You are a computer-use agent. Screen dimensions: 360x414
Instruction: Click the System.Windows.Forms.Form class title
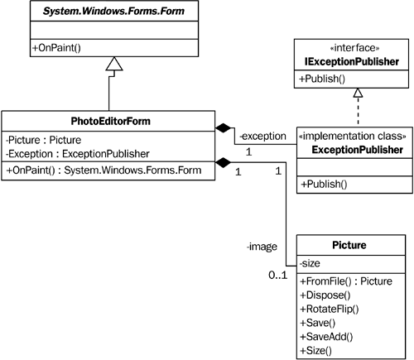click(114, 12)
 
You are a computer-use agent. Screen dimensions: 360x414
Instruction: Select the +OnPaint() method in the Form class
click(57, 49)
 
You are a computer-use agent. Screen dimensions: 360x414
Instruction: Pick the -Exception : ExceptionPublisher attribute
click(76, 153)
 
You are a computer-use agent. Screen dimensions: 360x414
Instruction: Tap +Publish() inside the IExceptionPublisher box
click(324, 81)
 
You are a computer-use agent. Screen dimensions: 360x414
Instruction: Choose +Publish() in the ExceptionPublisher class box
click(324, 183)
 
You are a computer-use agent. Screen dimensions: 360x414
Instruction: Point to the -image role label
click(262, 245)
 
